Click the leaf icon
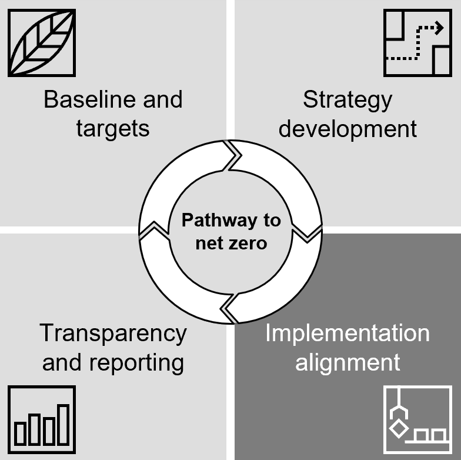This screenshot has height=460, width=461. point(41,42)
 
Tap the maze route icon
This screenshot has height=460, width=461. point(417,42)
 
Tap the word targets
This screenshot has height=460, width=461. point(113,128)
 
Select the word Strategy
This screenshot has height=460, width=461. point(347,99)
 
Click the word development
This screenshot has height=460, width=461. point(348,129)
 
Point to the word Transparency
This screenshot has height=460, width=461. point(113,334)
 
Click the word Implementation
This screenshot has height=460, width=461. point(347,334)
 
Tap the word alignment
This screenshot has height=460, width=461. point(348,362)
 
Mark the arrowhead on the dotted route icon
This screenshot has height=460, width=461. point(437,26)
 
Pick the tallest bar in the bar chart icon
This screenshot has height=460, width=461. point(63,424)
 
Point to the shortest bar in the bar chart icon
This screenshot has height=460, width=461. point(21,434)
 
